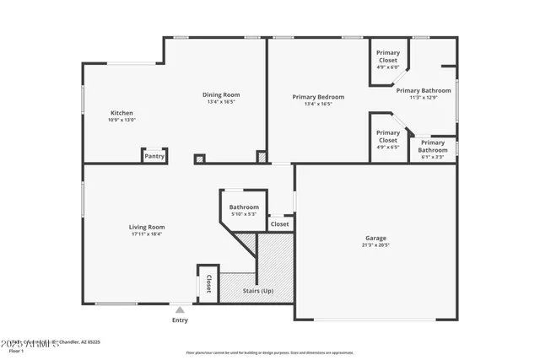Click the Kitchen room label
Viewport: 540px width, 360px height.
coord(121,113)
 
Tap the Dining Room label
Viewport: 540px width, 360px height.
coord(221,94)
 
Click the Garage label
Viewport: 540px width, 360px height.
coord(375,239)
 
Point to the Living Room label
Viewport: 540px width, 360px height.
coord(146,227)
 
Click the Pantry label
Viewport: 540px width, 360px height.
coord(154,156)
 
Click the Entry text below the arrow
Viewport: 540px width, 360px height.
coord(181,320)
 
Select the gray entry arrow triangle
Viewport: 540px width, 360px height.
coord(180,310)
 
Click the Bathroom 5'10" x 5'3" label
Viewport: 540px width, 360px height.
coord(244,207)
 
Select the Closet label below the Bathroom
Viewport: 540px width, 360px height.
coord(279,224)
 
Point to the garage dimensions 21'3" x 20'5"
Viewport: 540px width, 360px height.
coord(375,247)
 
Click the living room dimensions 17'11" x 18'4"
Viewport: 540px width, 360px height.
coord(146,234)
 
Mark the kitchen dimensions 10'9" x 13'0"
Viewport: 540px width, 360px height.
coord(121,121)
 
